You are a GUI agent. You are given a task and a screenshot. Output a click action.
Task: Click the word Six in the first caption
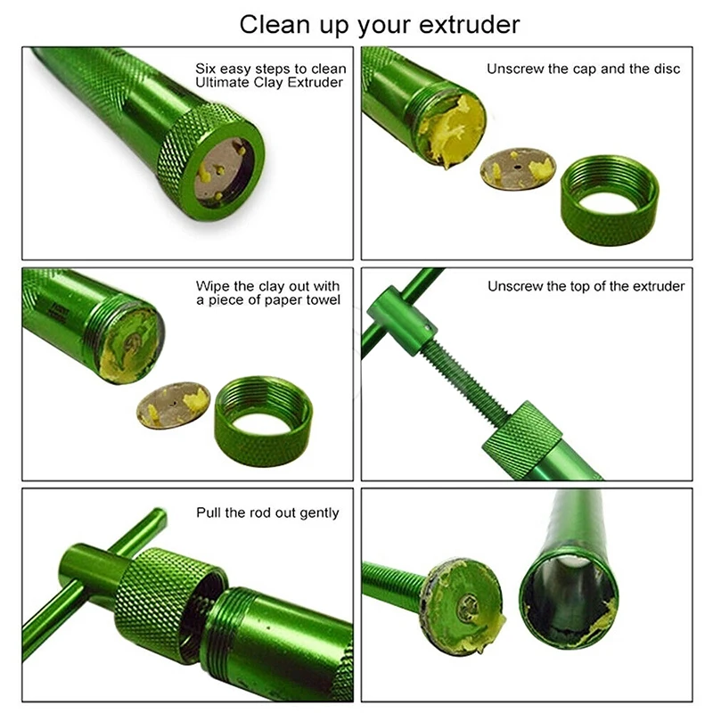coord(207,69)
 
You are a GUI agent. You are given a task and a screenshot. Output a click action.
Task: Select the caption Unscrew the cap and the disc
coord(583,69)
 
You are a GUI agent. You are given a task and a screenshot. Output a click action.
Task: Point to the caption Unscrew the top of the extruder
coord(586,286)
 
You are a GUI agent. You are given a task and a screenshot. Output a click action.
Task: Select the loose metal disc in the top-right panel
coord(518,168)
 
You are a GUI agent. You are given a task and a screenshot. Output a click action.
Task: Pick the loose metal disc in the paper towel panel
coord(173,405)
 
